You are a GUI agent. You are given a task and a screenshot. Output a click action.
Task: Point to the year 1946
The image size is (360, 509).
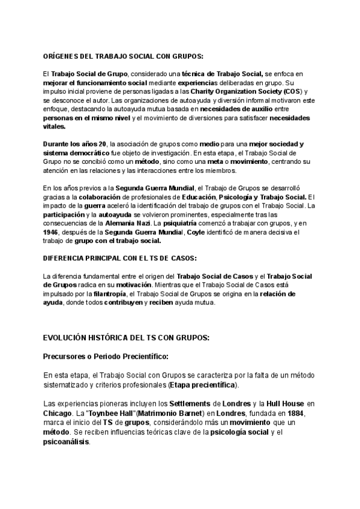tap(52, 232)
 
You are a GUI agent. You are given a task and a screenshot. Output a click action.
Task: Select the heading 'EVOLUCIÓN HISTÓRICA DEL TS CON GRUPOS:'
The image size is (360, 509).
tap(126, 338)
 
